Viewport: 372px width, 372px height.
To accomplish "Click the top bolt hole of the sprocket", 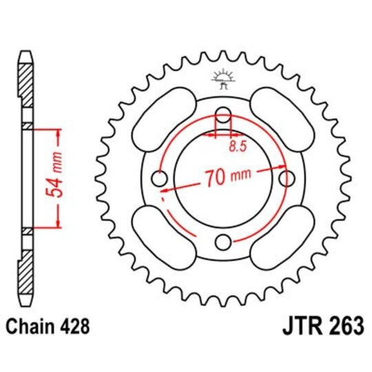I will point(223,115).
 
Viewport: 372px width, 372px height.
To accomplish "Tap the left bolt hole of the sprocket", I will point(160,178).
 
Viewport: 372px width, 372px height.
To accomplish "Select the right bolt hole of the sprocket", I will point(286,178).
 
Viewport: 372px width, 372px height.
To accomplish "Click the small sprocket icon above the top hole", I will point(222,79).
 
